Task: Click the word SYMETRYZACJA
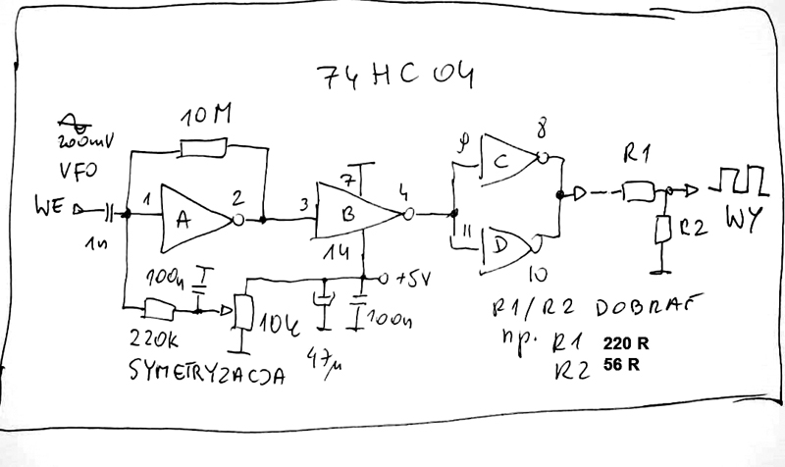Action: pyautogui.click(x=205, y=372)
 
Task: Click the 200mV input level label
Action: pyautogui.click(x=87, y=139)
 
